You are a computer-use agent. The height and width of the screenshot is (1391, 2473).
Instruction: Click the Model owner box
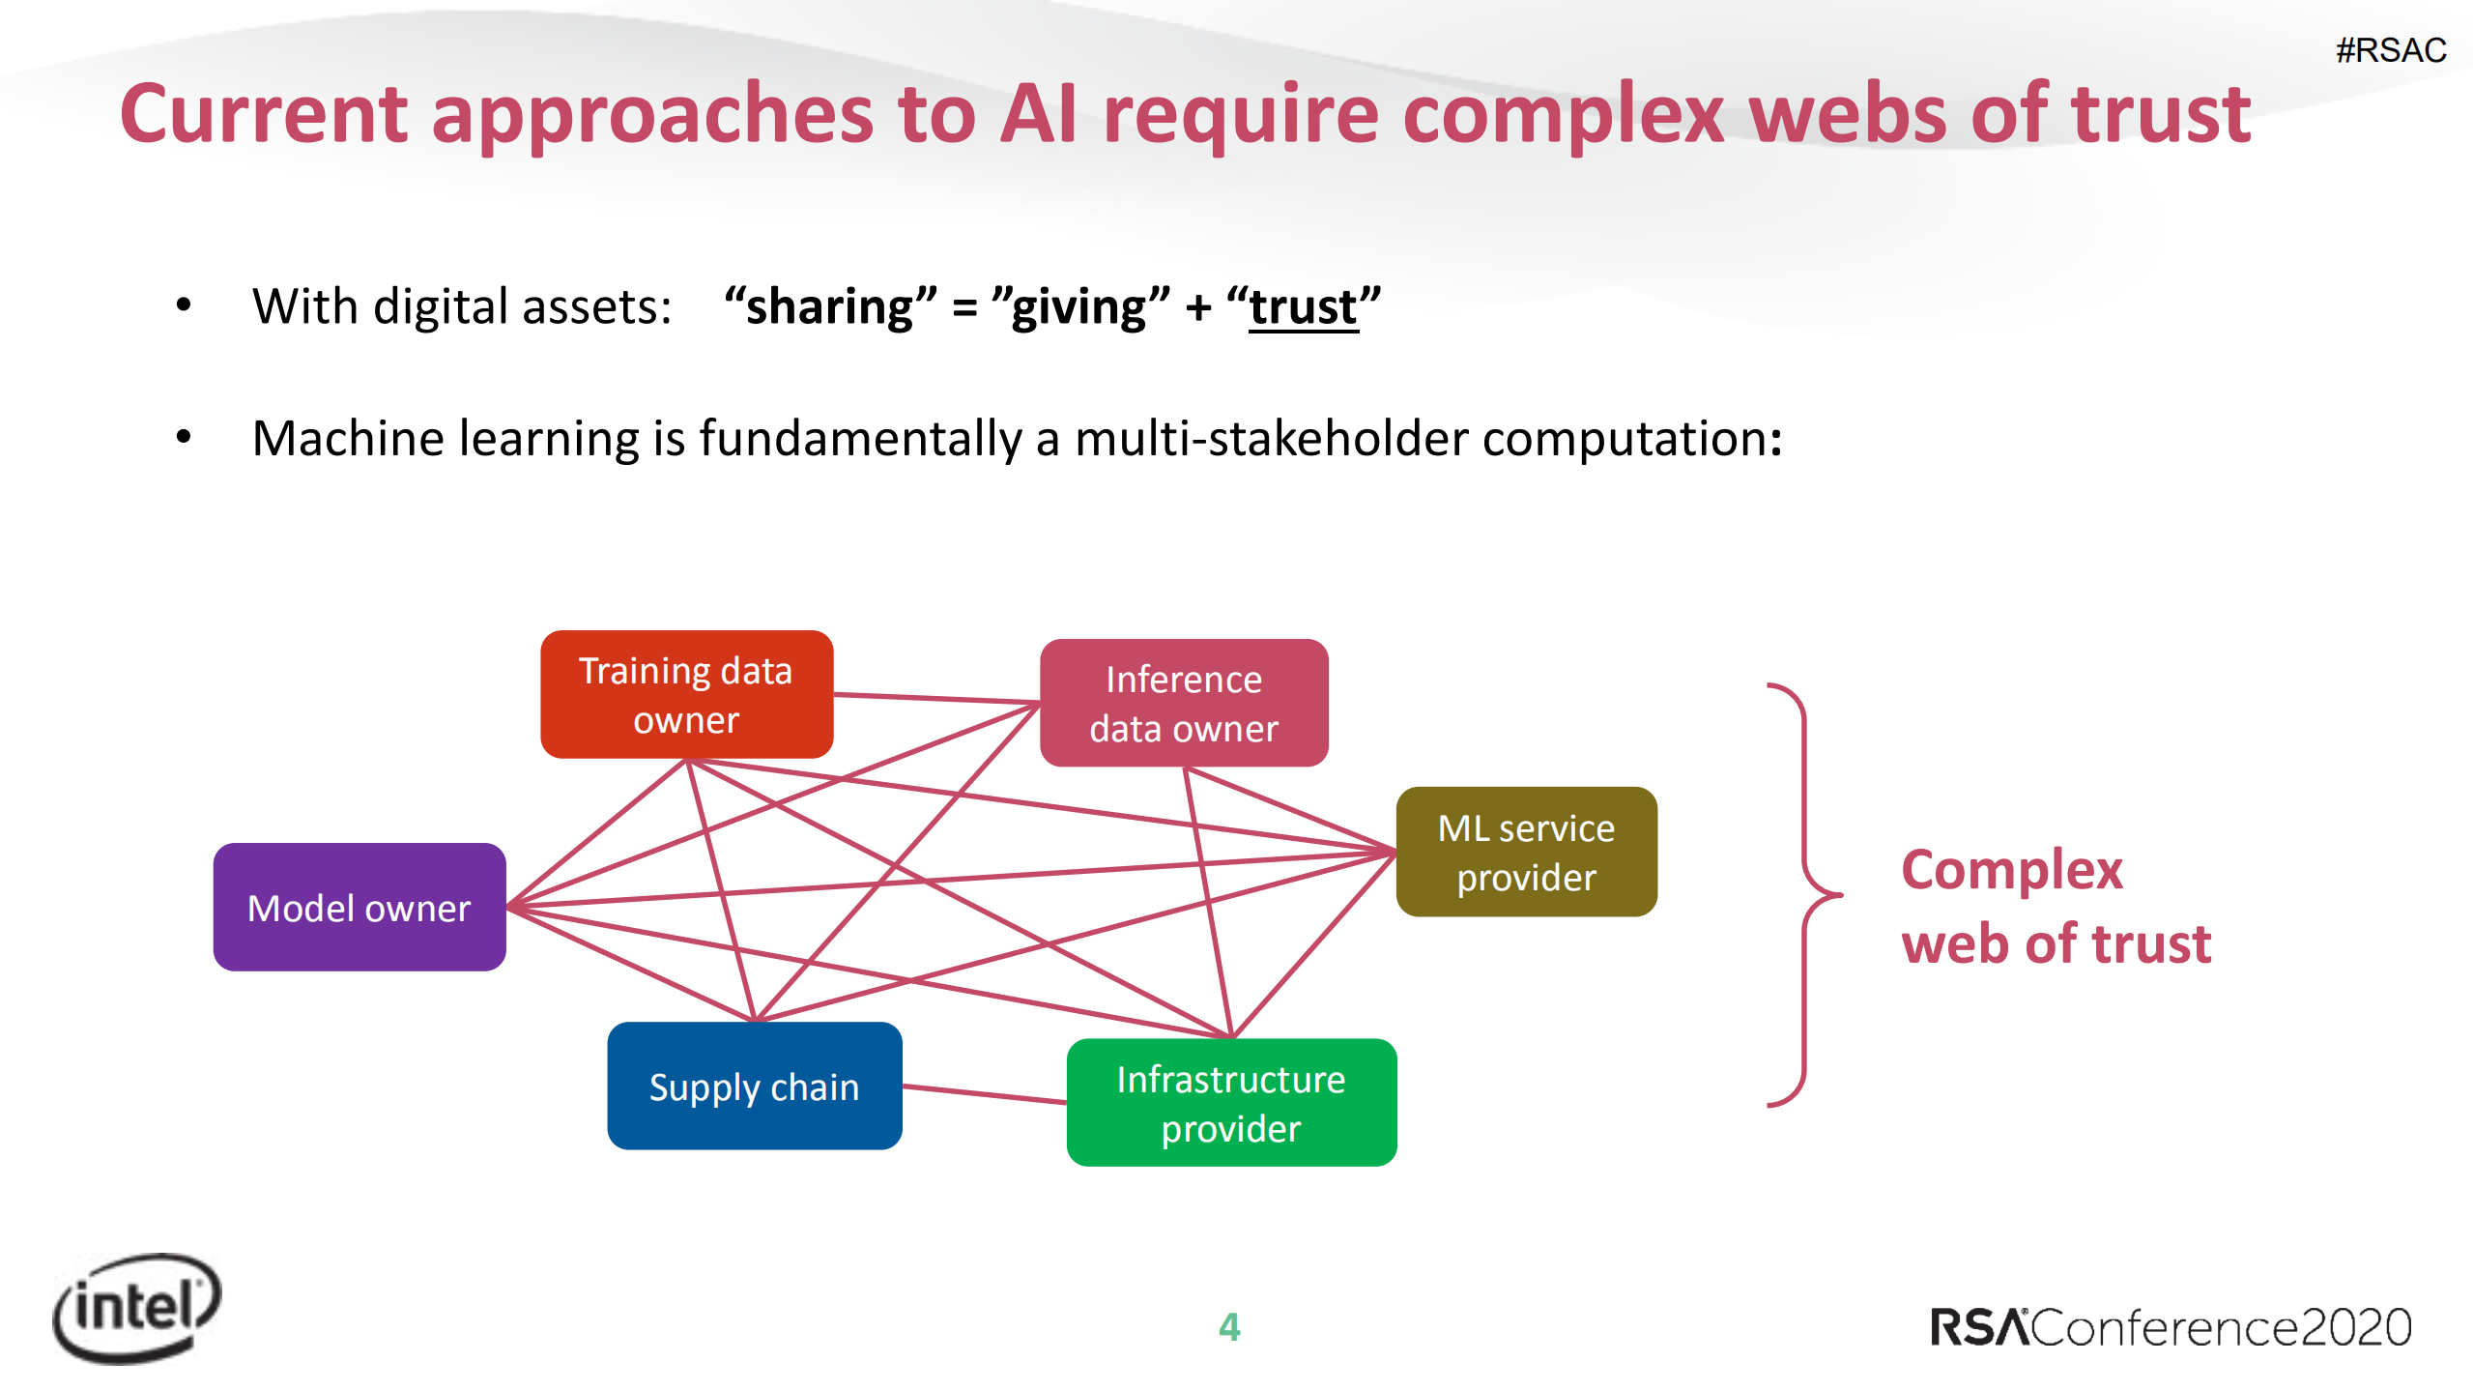tap(359, 907)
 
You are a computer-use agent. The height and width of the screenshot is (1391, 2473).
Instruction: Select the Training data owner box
tap(686, 694)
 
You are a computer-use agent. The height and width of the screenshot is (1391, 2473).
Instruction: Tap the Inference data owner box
tap(1184, 703)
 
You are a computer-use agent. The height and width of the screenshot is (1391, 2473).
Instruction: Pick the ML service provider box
tap(1526, 852)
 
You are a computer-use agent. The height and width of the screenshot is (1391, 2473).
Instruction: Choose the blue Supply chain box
tap(754, 1086)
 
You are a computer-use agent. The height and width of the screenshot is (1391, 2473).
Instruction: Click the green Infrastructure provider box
tap(1231, 1103)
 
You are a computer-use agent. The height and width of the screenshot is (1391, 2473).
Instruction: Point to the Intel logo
tap(137, 1308)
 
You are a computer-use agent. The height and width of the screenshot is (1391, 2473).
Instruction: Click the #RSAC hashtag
tap(2391, 50)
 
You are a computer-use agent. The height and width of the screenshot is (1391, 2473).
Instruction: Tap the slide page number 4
tap(1229, 1326)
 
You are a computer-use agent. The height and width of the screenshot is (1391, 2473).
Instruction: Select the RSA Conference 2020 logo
tap(2171, 1327)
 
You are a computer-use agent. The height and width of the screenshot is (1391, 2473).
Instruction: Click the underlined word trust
tap(1304, 307)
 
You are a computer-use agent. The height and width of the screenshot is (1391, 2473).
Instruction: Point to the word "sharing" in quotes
tap(830, 307)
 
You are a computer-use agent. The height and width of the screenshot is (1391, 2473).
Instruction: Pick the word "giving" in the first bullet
tap(1080, 307)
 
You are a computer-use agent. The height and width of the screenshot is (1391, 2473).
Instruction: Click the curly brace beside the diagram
tap(1803, 894)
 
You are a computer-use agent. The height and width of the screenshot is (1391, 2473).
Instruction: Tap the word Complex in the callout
tap(2012, 870)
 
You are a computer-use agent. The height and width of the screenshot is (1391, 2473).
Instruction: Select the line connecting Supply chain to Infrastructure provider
tap(984, 1094)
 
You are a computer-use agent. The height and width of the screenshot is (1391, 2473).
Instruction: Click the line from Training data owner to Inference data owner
tap(935, 698)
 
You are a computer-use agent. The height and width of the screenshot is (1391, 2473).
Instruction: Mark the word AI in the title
tap(1038, 114)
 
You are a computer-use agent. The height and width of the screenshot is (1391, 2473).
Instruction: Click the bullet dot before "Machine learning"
tap(184, 438)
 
